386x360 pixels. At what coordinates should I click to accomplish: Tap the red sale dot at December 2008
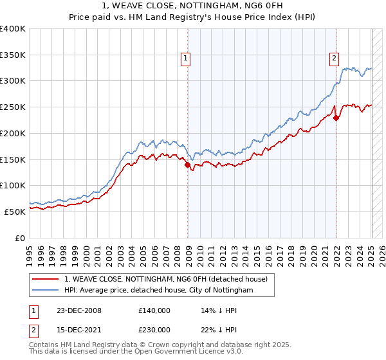coord(188,165)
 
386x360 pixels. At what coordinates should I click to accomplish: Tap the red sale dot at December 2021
coord(336,118)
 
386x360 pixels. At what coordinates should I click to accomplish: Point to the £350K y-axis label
coord(13,55)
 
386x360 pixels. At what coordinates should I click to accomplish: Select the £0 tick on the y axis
coord(20,238)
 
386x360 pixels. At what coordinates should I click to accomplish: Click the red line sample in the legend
coord(45,279)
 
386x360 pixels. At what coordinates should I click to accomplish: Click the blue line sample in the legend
coord(45,291)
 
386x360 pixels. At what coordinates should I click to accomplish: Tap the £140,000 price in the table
coord(154,310)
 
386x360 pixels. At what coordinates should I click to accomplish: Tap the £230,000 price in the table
coord(154,330)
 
